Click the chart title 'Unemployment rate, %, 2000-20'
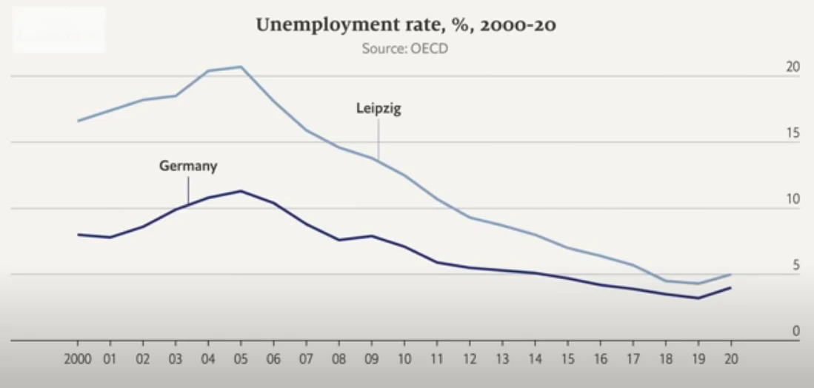pos(406,26)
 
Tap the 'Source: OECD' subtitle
pos(405,50)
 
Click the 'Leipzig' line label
pos(378,108)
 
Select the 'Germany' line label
pos(188,166)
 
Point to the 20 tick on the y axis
pos(793,67)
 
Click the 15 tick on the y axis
pos(793,133)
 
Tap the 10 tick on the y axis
pos(793,199)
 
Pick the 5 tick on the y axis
pos(796,265)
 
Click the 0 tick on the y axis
pos(796,331)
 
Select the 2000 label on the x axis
pos(78,360)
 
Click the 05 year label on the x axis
pos(241,360)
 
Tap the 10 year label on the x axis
pos(404,360)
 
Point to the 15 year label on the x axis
pos(568,360)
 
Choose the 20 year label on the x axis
pos(731,360)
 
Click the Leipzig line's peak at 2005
pos(241,67)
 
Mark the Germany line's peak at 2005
pos(241,191)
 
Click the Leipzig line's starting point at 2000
pos(78,121)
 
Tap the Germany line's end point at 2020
pos(731,287)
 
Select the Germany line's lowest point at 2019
pos(698,298)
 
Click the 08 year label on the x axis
pos(339,360)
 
